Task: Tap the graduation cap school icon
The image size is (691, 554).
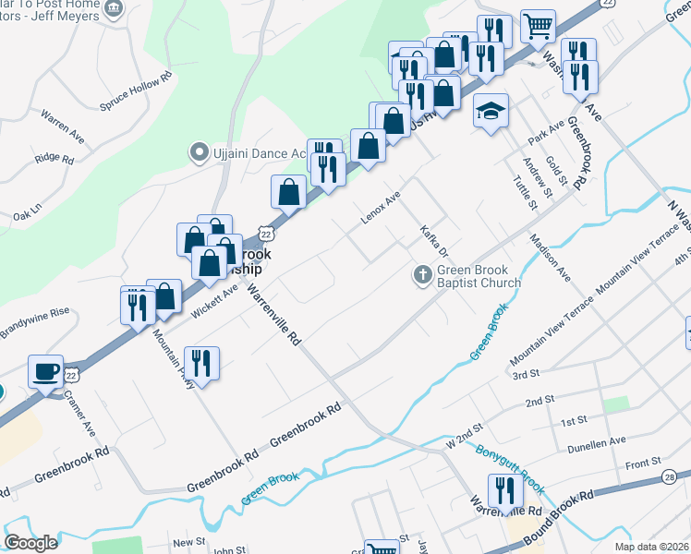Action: coord(491,112)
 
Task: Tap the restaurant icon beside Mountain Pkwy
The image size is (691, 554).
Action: coord(201,363)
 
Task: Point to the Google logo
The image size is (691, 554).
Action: coord(30,543)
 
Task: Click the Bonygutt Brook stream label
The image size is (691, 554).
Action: coord(510,470)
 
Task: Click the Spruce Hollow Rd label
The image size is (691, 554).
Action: coord(136,92)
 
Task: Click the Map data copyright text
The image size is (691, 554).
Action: coord(650,546)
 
